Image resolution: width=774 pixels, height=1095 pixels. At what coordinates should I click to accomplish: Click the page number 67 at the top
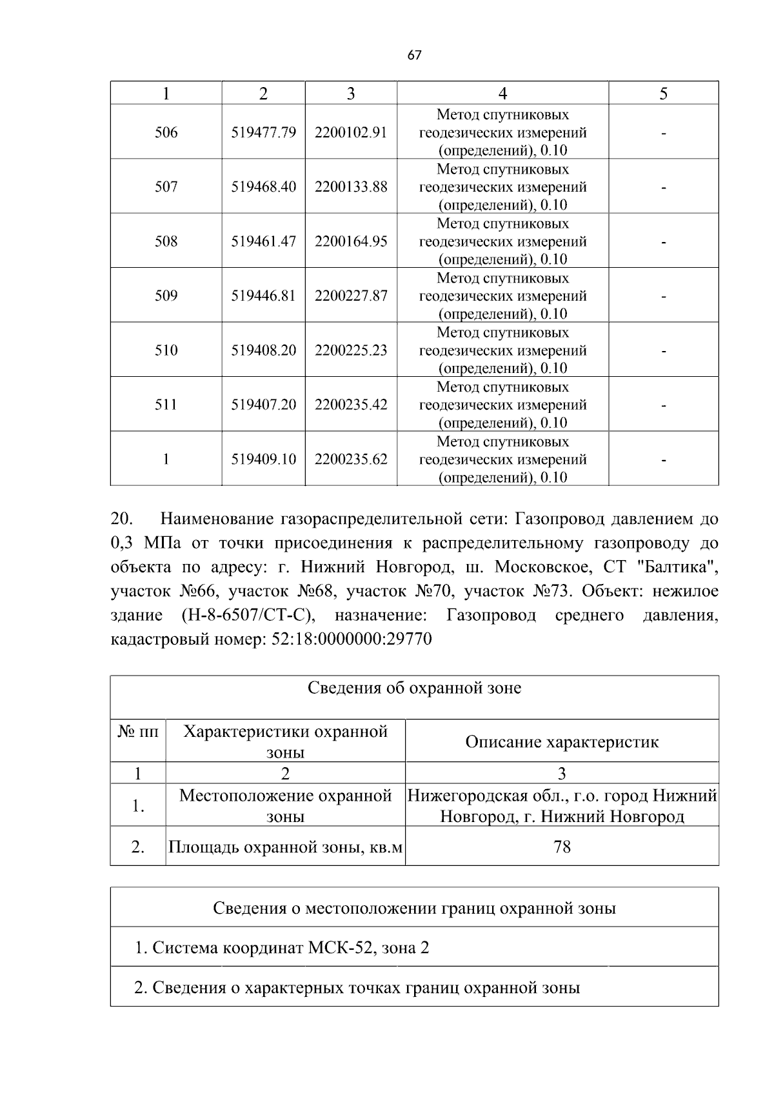click(414, 55)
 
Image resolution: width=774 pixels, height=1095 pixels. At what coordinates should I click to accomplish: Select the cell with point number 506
click(166, 133)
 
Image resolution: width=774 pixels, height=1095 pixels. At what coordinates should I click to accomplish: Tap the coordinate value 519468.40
click(263, 187)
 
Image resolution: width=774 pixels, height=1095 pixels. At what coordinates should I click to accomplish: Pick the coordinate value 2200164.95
click(351, 241)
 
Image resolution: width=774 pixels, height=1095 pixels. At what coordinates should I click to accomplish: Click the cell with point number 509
click(166, 296)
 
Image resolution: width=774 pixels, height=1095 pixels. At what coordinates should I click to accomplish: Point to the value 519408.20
click(263, 350)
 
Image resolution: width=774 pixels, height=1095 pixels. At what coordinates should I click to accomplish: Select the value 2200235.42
click(351, 405)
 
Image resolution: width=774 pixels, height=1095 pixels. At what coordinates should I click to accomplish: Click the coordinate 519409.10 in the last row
click(263, 459)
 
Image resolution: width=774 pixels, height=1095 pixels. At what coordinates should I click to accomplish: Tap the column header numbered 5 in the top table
click(663, 94)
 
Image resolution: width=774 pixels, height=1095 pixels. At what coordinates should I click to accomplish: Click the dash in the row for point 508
click(663, 242)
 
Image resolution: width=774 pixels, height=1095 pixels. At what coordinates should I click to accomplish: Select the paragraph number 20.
click(122, 519)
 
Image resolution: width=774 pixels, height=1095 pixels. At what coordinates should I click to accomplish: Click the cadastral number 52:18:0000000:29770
click(349, 639)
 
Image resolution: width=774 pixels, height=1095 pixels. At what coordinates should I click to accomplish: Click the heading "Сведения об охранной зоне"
click(414, 688)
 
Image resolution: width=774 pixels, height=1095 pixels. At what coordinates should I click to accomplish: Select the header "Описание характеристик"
click(562, 741)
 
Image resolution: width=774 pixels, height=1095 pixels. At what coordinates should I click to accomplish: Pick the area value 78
click(562, 847)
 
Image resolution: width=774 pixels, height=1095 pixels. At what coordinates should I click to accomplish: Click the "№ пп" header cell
click(138, 732)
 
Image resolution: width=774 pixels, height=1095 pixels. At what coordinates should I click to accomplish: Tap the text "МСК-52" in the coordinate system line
click(342, 948)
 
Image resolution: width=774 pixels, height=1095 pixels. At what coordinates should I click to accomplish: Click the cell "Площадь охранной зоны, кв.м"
click(285, 847)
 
